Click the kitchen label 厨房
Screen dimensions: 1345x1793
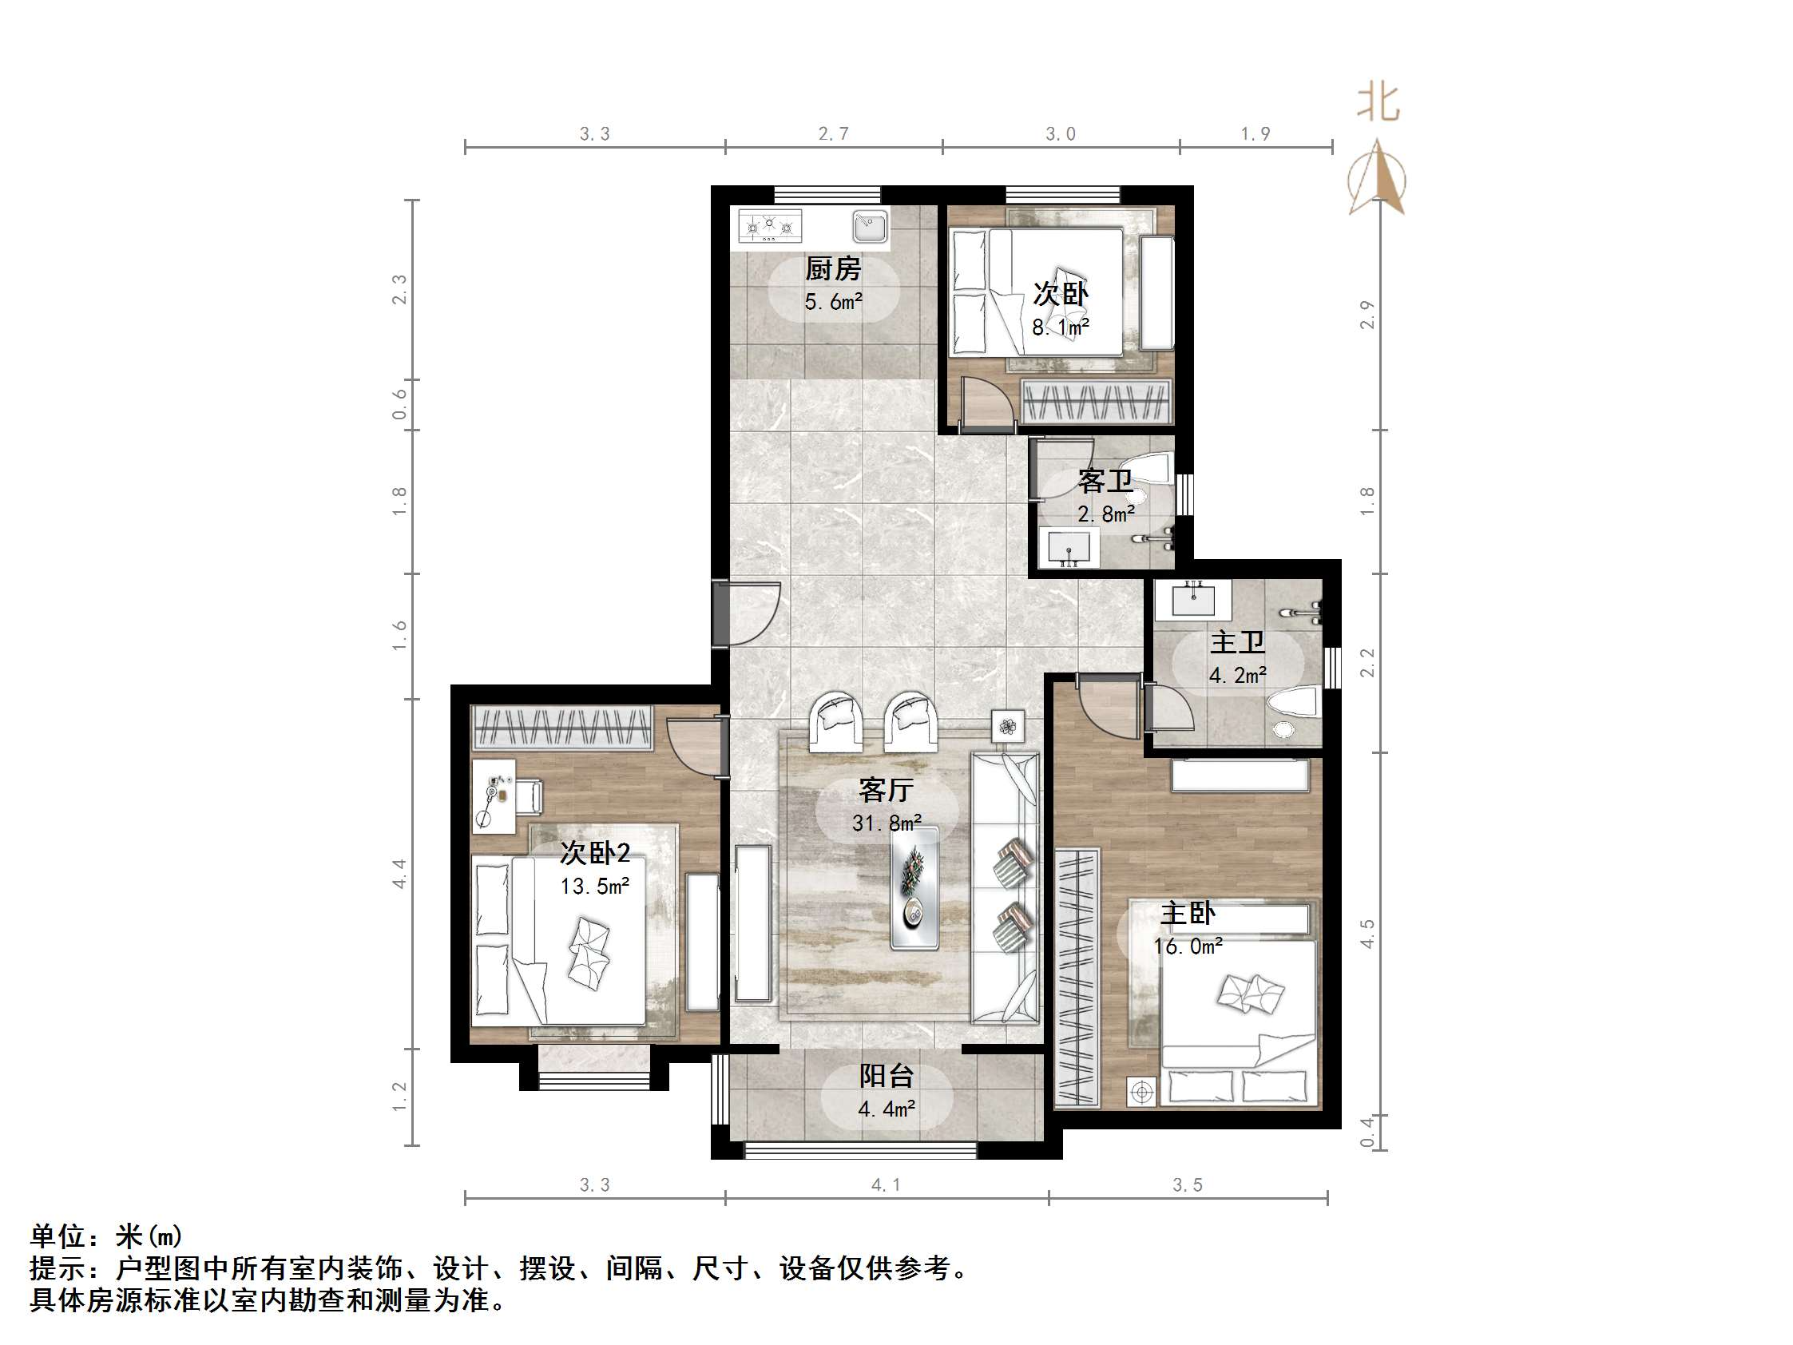832,268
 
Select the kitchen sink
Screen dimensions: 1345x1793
870,225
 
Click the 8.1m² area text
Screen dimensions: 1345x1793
1059,327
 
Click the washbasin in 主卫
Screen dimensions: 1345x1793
1193,600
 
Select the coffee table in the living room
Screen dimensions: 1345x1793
914,888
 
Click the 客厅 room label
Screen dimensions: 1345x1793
886,789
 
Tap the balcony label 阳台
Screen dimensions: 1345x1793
886,1076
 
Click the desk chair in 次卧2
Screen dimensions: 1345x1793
530,795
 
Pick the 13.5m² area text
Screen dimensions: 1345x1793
594,886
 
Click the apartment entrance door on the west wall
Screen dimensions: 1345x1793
721,613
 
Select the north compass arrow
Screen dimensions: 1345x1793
1377,178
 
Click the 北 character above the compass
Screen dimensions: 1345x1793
1378,103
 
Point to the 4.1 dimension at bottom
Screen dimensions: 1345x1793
885,1185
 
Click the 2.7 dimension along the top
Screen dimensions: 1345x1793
833,133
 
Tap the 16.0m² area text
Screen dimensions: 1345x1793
1188,946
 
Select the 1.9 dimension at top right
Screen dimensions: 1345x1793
1255,133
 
